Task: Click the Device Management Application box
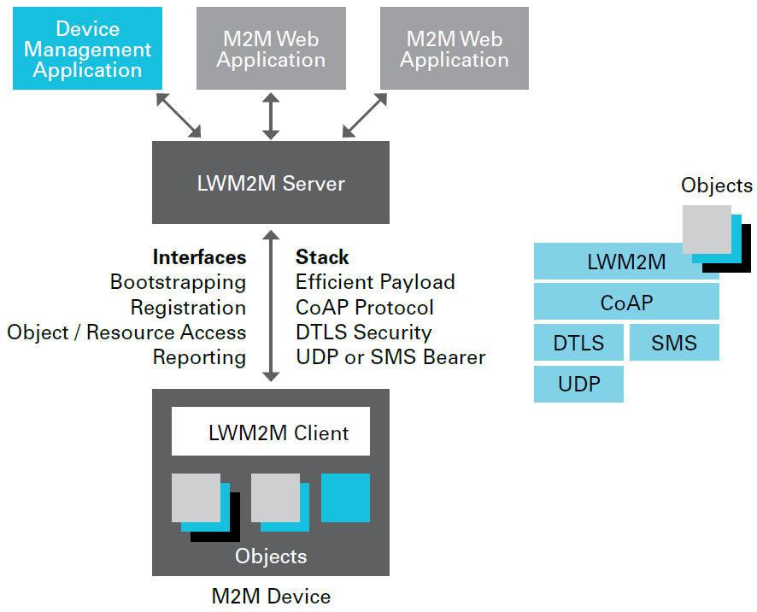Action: pos(87,49)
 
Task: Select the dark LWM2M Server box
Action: pos(270,183)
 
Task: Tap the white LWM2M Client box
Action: pos(271,432)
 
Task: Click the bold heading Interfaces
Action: pos(199,257)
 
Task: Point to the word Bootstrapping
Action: pos(178,282)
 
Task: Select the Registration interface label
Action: pos(188,307)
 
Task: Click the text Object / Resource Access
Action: pos(126,332)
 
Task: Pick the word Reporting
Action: pos(199,357)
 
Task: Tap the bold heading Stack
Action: pos(322,257)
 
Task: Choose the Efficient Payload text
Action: pos(375,282)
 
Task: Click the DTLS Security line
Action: pos(363,332)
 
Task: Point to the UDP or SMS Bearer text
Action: pos(390,357)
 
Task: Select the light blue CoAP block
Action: pos(626,302)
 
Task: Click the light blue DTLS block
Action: pos(578,343)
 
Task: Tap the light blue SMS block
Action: pos(674,343)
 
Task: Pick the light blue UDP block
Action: pos(578,384)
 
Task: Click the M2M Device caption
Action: pos(271,596)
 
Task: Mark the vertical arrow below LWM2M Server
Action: pos(271,305)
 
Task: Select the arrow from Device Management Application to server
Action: pos(179,115)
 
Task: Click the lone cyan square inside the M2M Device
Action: pos(345,497)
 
